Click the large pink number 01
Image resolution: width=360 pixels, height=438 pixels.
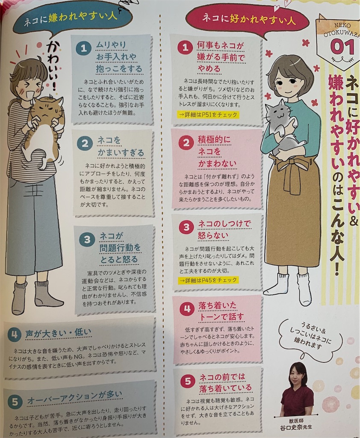342,46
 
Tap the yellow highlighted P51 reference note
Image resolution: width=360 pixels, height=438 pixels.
208,115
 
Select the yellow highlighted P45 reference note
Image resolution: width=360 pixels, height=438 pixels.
208,280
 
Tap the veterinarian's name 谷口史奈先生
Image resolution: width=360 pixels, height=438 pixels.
296,427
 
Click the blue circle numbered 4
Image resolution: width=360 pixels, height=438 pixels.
14,334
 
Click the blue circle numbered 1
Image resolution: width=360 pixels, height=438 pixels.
83,48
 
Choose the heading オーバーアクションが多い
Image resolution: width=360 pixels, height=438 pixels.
75,398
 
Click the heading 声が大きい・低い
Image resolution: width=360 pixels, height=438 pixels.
58,333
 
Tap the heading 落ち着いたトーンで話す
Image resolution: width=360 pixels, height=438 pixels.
221,311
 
